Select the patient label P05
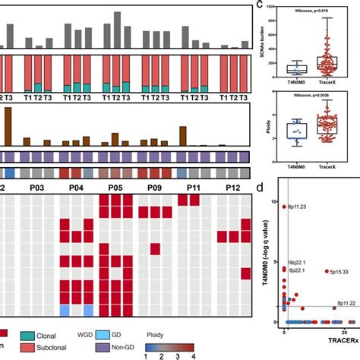(118, 186)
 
